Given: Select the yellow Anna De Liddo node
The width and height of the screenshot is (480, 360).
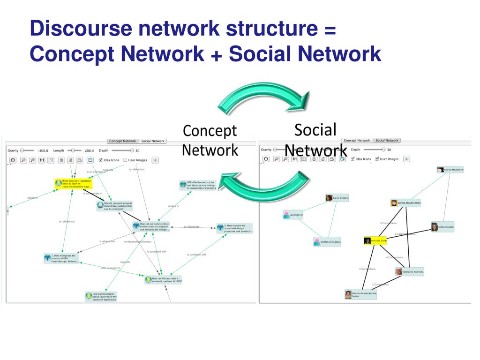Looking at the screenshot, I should click(375, 240).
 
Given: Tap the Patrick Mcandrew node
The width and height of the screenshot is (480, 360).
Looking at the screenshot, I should click(450, 169).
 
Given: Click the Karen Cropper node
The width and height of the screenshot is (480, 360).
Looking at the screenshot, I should click(337, 198).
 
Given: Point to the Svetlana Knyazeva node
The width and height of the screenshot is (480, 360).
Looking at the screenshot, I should click(327, 242).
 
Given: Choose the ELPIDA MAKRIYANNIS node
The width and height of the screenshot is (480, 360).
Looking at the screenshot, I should click(405, 203).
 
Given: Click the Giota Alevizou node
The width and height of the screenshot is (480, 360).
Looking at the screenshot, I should click(442, 227).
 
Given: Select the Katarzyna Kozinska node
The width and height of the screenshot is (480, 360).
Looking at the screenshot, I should click(409, 271).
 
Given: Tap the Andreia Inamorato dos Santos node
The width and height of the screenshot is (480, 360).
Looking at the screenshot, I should click(361, 294).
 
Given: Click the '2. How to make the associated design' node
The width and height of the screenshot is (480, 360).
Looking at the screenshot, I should click(234, 229).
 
